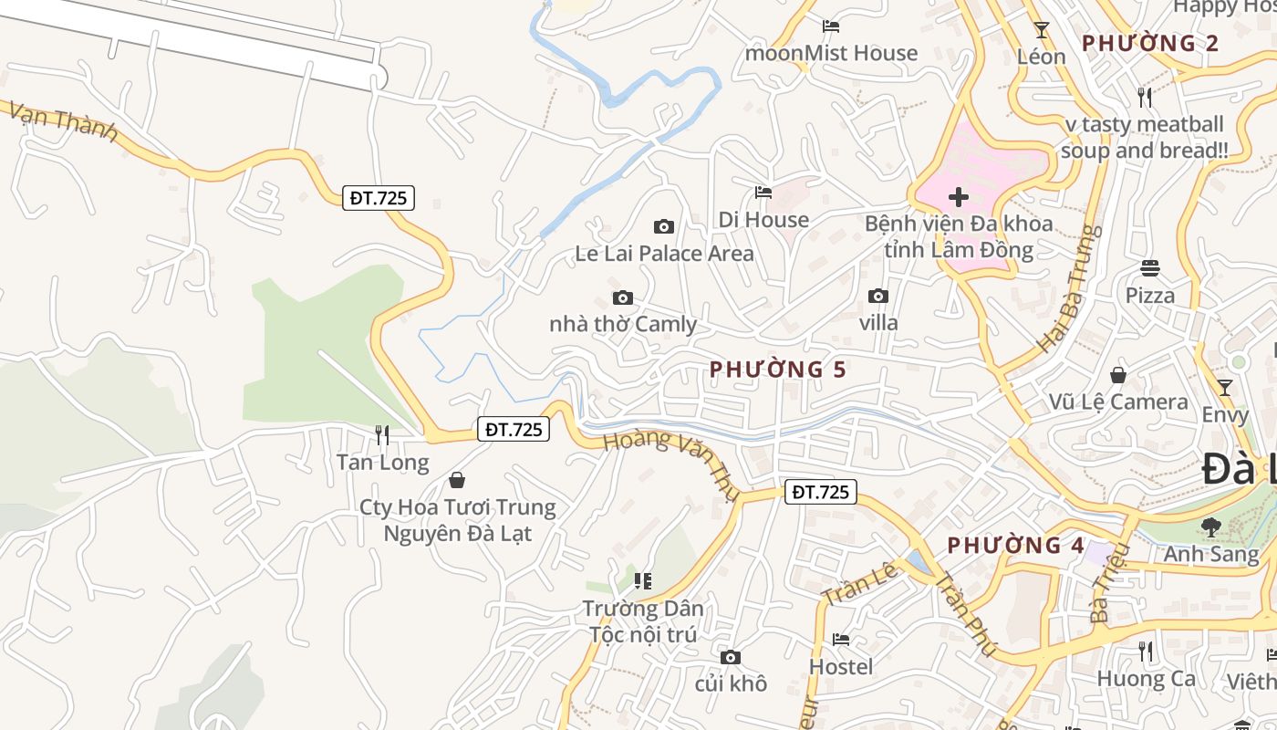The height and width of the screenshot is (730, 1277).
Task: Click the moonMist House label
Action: point(831,53)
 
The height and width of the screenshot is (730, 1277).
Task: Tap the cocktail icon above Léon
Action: point(1041,30)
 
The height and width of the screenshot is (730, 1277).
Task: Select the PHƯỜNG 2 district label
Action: point(1150,43)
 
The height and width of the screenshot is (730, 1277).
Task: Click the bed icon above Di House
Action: point(763,193)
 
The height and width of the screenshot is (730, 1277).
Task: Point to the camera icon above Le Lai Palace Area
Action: point(664,226)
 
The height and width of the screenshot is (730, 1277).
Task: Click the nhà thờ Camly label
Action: point(623,324)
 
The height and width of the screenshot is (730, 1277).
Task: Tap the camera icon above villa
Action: point(878,297)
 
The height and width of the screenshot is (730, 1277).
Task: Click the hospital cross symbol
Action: point(958,197)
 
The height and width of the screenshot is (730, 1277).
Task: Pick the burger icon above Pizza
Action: point(1149,268)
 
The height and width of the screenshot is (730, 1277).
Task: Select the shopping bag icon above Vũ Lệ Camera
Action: point(1117,375)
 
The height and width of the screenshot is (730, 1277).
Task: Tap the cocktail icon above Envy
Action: point(1224,388)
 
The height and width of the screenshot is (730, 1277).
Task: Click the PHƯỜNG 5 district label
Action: point(778,370)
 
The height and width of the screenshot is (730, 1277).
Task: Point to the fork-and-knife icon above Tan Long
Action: point(382,435)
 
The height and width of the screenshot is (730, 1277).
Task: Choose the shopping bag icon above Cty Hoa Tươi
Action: point(457,480)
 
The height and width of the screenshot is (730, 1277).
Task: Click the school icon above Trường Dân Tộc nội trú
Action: point(643,580)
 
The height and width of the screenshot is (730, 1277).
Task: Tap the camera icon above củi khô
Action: point(730,657)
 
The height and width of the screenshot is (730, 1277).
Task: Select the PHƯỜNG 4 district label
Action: point(1015,546)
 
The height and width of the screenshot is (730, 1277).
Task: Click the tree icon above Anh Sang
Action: point(1210,527)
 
